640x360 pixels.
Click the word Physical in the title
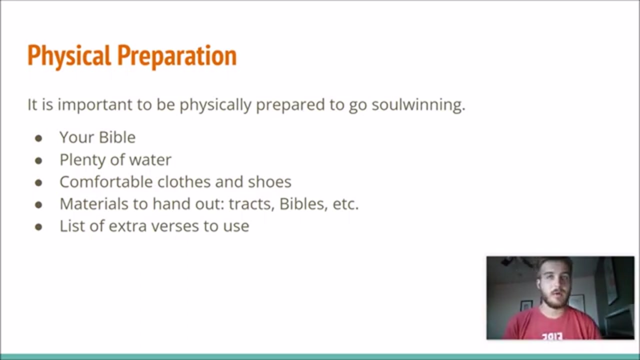[x=69, y=56]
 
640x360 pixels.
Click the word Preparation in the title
[x=177, y=56]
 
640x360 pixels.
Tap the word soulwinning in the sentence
[x=418, y=105]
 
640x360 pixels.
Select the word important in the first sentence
[x=95, y=105]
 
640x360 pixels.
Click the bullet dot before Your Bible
[x=38, y=138]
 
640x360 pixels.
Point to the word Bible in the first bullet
[x=117, y=137]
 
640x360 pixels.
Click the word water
[x=150, y=159]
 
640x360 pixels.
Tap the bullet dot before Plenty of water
[x=38, y=160]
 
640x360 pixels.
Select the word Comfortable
[x=106, y=181]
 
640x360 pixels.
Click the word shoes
[x=269, y=181]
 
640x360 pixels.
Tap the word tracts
[x=251, y=204]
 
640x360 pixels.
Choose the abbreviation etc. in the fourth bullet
[x=345, y=204]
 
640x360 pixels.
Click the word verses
[x=175, y=226]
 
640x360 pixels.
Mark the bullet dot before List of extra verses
[x=38, y=227]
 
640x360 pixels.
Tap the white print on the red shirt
[x=552, y=336]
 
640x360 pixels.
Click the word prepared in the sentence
[x=290, y=105]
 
